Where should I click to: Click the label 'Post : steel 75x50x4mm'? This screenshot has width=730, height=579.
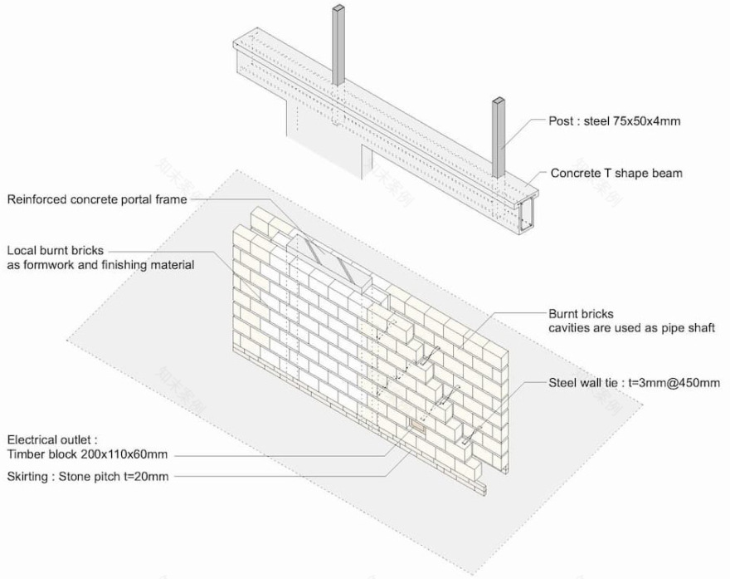coord(615,120)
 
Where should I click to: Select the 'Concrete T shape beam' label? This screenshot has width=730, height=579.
coord(616,174)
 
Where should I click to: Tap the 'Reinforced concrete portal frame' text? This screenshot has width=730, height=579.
coord(97,199)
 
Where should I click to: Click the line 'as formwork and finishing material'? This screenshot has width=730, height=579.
coord(100,265)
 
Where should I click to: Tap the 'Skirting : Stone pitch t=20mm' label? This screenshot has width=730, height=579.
coord(90,476)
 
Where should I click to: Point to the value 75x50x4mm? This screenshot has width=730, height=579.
coord(645,120)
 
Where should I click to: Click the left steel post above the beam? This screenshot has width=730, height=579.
coord(339,46)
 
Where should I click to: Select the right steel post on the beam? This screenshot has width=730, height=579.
coord(499,137)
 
